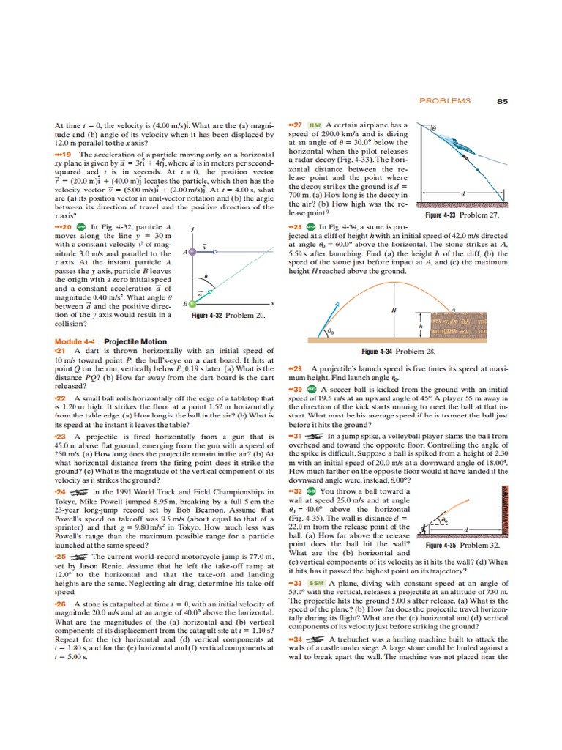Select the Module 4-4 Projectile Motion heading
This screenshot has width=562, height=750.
pyautogui.click(x=100, y=342)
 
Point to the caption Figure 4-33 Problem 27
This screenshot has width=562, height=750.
pyautogui.click(x=462, y=215)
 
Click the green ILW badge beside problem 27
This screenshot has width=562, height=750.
pyautogui.click(x=316, y=125)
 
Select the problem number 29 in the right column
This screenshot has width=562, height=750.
pyautogui.click(x=296, y=368)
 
